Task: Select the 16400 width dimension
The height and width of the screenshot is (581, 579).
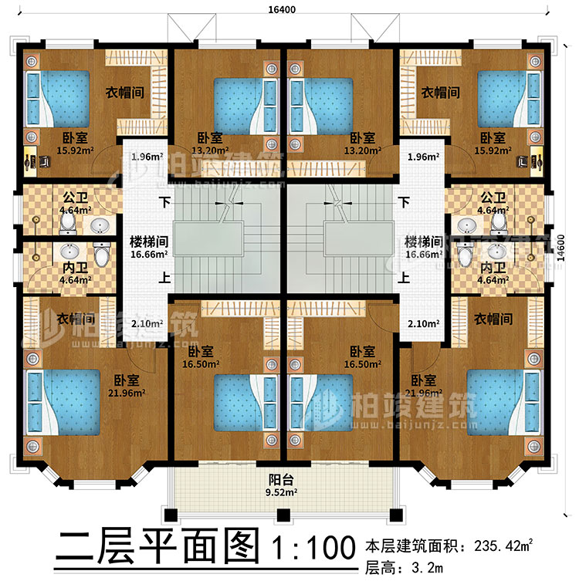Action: coord(283,8)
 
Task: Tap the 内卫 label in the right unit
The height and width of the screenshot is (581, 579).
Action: coord(489,268)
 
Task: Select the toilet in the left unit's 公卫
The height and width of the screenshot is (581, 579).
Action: coord(69,222)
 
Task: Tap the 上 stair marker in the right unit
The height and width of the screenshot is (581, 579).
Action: coord(402,280)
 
